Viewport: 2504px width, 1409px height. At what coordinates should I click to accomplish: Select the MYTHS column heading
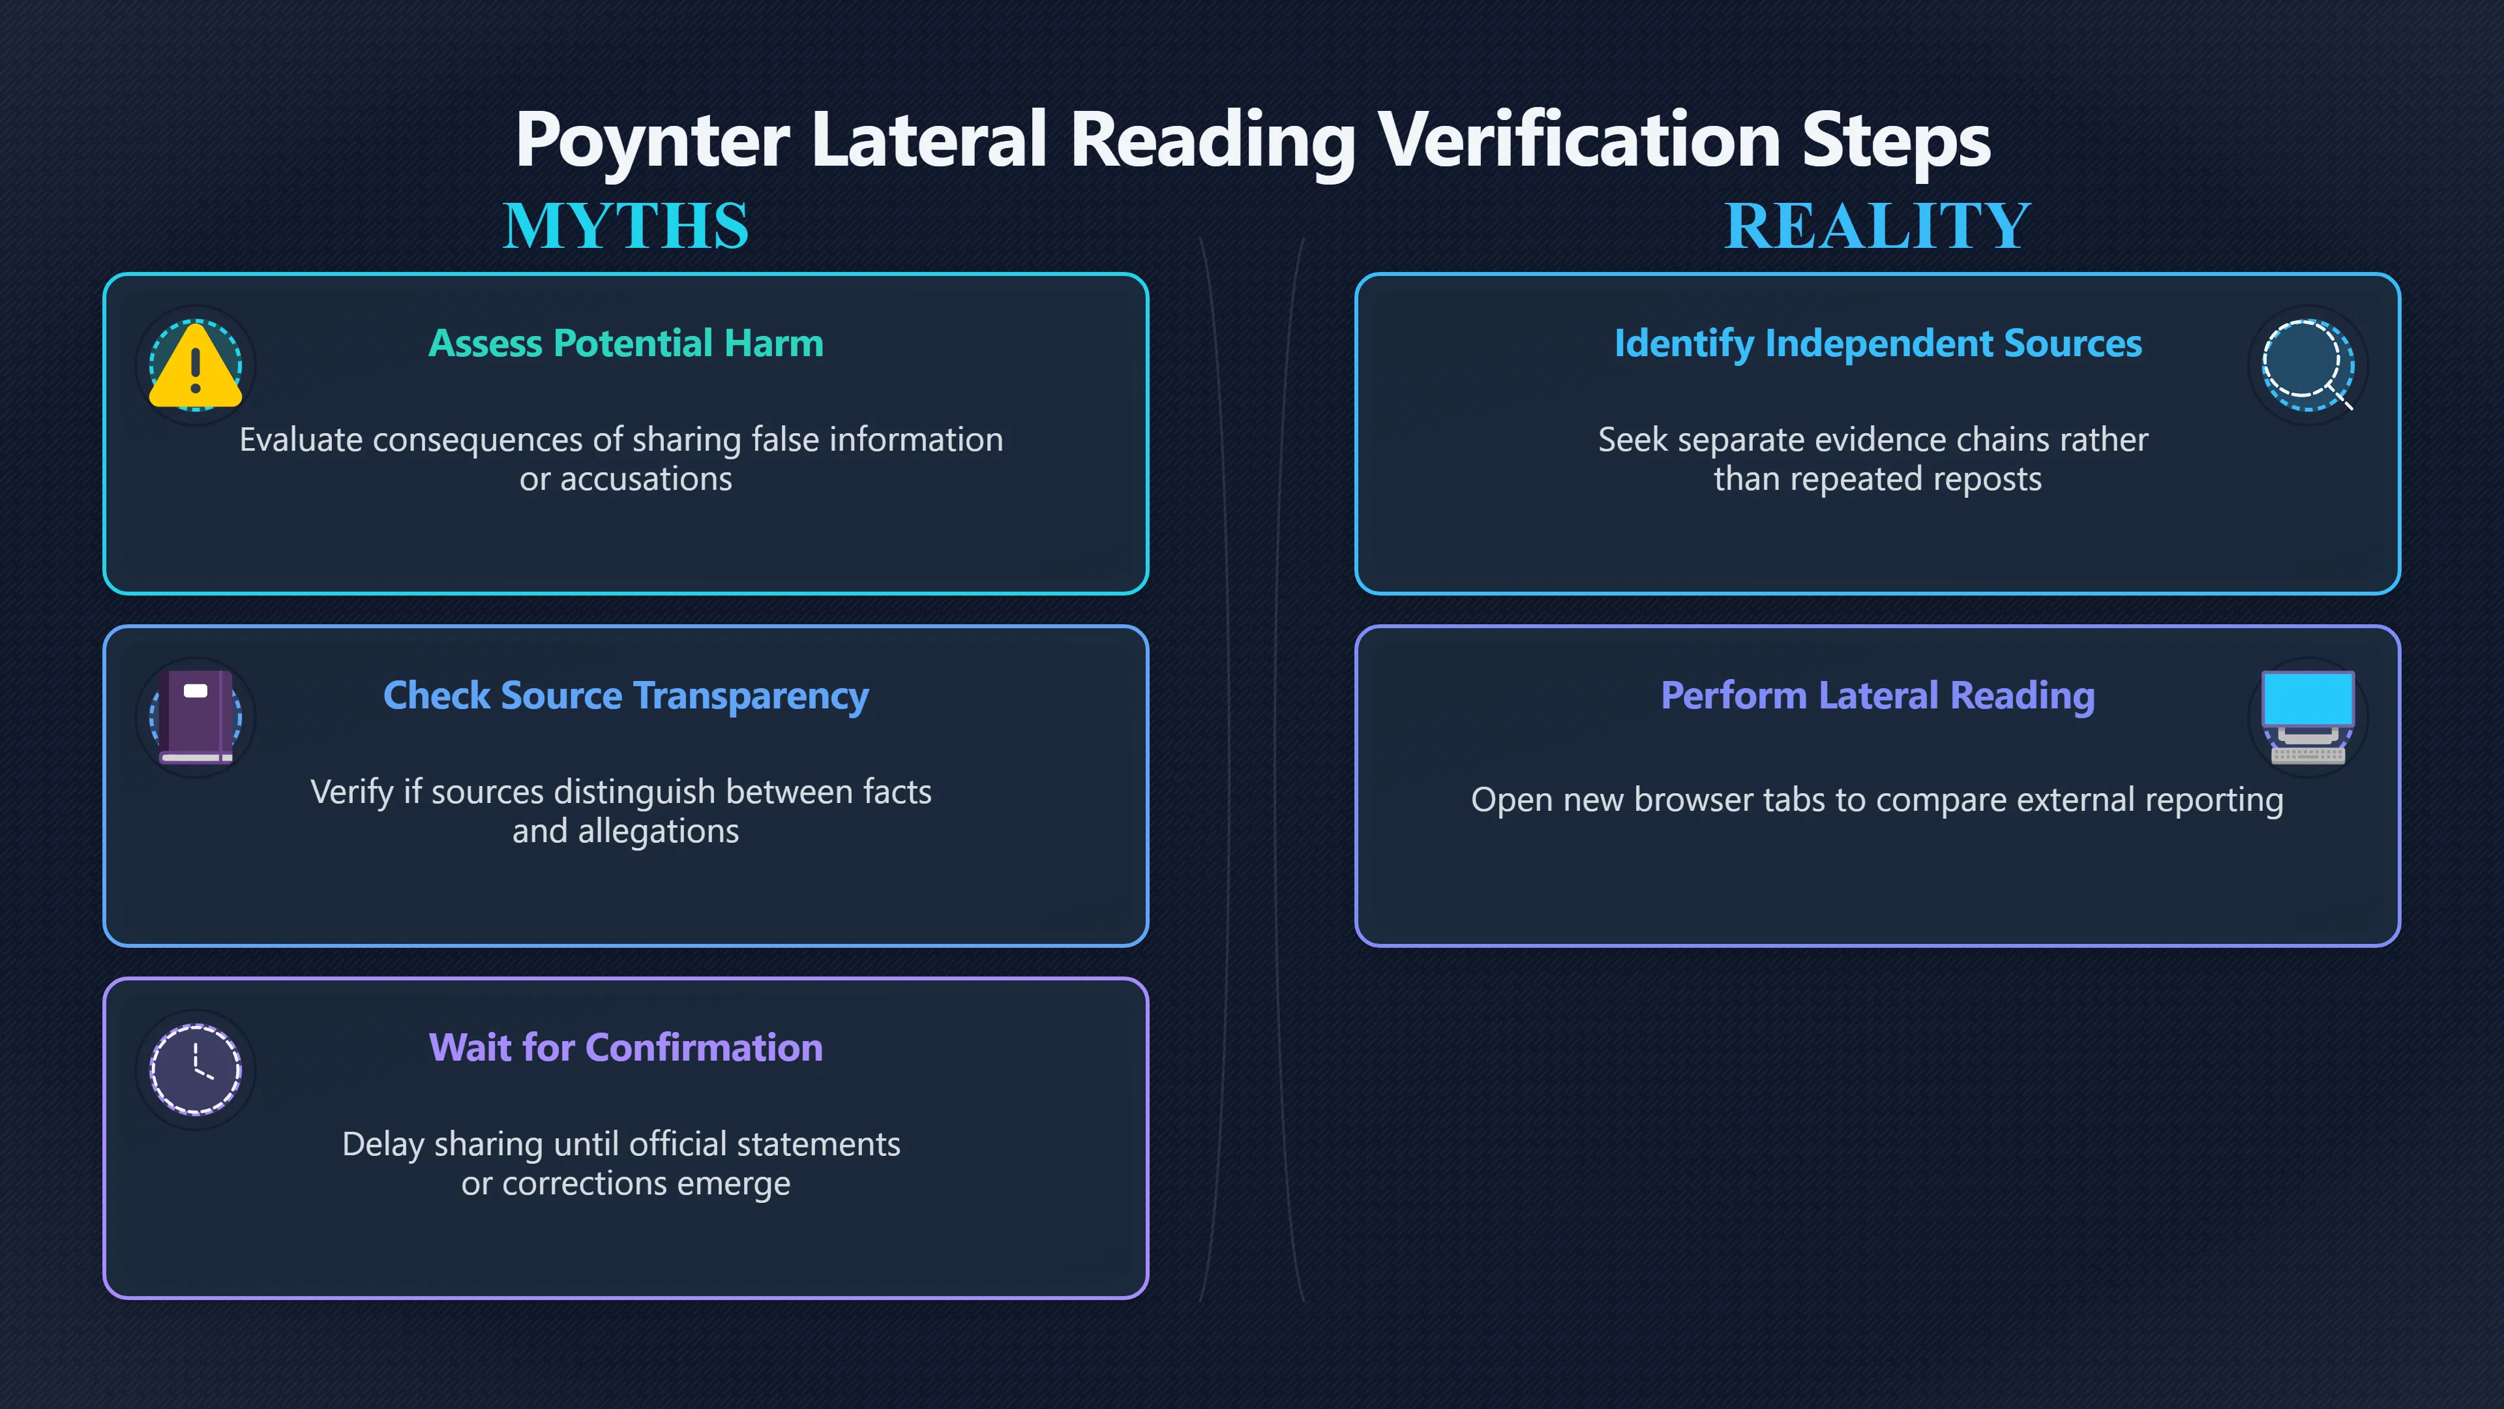(626, 226)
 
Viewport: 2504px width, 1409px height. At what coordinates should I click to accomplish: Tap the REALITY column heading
(1878, 226)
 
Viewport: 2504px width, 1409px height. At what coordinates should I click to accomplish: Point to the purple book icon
(198, 717)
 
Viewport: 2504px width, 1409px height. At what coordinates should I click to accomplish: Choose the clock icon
(196, 1068)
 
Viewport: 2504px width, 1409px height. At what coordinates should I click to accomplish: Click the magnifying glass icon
(2308, 365)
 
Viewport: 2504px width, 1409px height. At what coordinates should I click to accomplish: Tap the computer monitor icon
(2308, 717)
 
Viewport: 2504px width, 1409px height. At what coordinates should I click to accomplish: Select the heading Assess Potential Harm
(626, 343)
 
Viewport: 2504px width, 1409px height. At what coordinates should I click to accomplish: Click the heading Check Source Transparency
(626, 696)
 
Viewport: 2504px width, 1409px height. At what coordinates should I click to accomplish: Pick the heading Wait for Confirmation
(626, 1048)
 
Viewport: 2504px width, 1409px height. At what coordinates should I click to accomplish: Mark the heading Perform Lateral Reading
(1878, 696)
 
